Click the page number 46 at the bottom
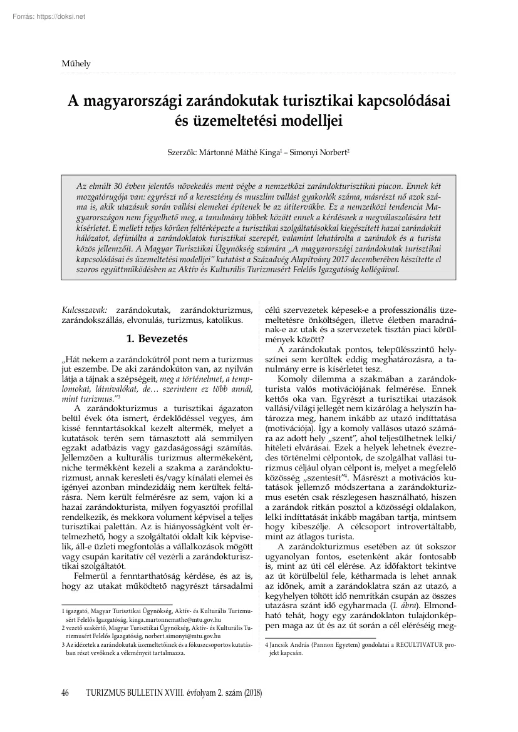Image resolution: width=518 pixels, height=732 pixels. tap(65, 693)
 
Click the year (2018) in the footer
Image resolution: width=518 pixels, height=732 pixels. tap(251, 693)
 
